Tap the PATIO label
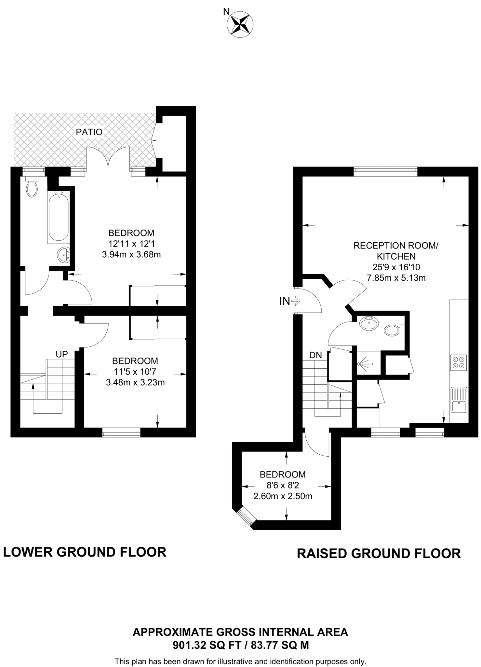(x=89, y=132)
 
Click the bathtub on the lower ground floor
(x=59, y=216)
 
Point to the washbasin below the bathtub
(x=63, y=255)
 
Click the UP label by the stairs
(x=62, y=355)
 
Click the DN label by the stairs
(x=315, y=355)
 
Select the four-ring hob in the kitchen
(x=458, y=362)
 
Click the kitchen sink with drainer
(x=459, y=400)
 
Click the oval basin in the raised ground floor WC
(x=369, y=324)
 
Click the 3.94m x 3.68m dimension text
(x=131, y=255)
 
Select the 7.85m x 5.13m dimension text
(x=396, y=278)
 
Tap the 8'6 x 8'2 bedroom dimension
(x=283, y=485)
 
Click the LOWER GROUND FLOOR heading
(x=85, y=552)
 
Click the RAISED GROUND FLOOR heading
(x=379, y=553)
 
